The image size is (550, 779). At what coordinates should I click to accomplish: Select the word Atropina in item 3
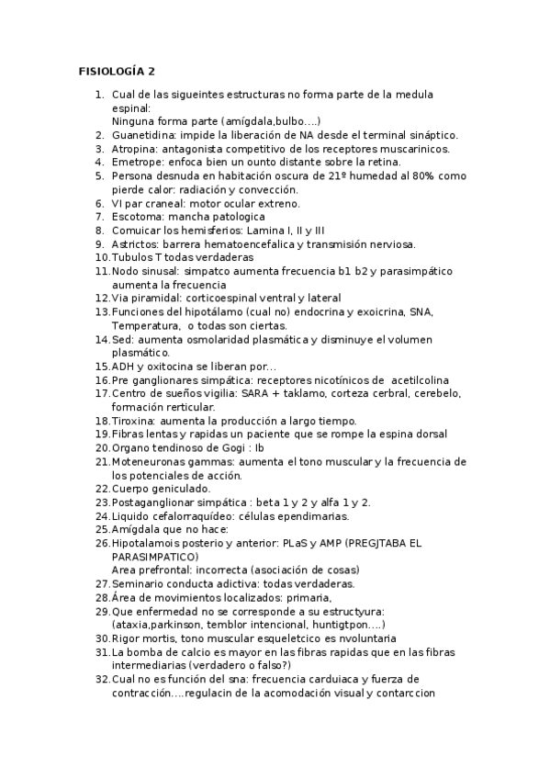click(136, 149)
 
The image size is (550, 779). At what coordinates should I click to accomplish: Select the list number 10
click(102, 258)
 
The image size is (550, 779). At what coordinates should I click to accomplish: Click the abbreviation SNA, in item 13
click(421, 312)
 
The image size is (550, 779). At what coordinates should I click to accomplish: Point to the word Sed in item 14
click(122, 339)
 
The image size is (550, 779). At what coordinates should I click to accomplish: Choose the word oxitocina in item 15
click(169, 367)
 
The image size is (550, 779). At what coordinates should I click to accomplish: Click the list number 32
click(102, 679)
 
